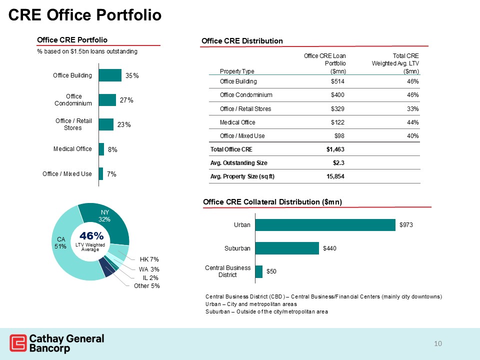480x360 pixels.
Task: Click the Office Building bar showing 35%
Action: [x=110, y=75]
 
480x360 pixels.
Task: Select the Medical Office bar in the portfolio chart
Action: [x=101, y=149]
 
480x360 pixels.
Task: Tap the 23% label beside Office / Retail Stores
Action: [x=124, y=124]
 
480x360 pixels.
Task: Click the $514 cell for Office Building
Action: [x=337, y=81]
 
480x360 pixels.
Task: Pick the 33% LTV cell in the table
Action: [x=412, y=109]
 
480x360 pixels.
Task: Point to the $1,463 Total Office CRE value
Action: [x=334, y=149]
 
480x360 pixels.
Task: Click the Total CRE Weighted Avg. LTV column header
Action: [x=395, y=63]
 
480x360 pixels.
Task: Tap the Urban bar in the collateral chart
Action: [x=325, y=225]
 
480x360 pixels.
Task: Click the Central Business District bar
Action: [x=259, y=271]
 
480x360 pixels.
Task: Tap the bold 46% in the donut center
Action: [x=90, y=235]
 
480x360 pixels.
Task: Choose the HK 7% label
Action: [x=149, y=259]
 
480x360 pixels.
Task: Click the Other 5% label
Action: [x=146, y=286]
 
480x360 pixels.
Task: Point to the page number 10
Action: [x=438, y=343]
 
